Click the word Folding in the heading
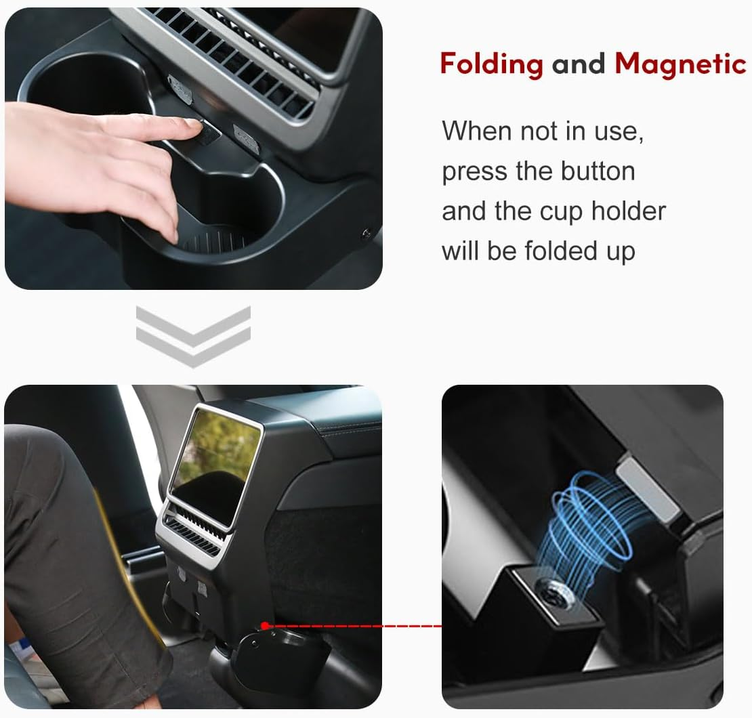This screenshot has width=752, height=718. pyautogui.click(x=491, y=64)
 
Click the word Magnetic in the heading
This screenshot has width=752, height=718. pyautogui.click(x=680, y=64)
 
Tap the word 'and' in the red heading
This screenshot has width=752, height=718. pyautogui.click(x=579, y=64)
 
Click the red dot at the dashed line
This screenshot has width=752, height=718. pyautogui.click(x=265, y=625)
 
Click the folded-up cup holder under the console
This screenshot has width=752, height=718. pyautogui.click(x=278, y=650)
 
